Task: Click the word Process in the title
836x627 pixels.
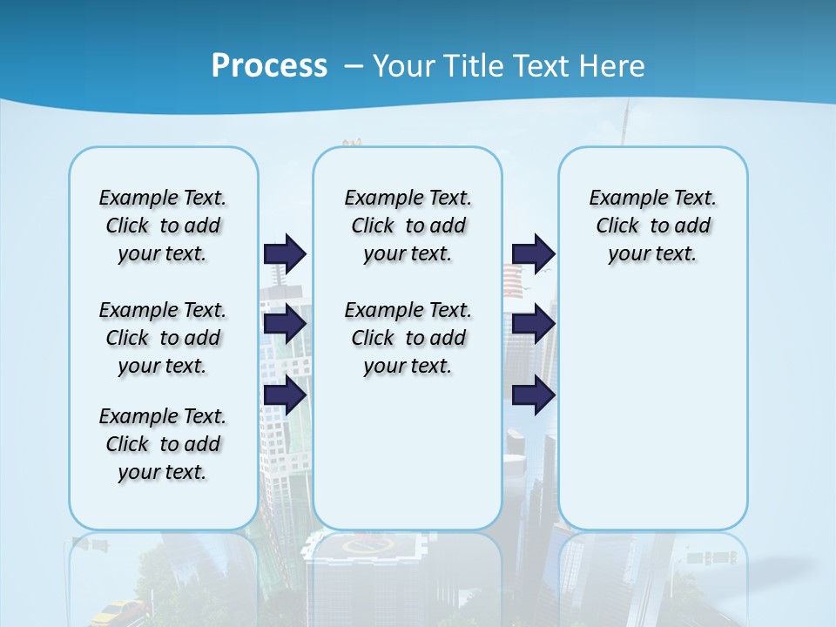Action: [269, 66]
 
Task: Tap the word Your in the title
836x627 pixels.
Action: [403, 66]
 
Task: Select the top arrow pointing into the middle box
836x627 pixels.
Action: [285, 253]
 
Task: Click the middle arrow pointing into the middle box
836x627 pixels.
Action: [285, 325]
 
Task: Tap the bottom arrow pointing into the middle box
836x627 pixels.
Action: [285, 395]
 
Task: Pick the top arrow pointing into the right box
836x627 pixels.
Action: [533, 253]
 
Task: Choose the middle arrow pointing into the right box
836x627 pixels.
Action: [533, 325]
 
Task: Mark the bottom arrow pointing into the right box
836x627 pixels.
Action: [533, 395]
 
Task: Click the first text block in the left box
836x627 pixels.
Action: [163, 226]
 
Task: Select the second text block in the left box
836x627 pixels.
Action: [163, 338]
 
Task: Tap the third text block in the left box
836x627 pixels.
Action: [163, 444]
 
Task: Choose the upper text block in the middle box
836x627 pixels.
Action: [408, 226]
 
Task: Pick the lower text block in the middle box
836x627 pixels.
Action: [408, 338]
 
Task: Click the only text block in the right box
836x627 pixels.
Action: [652, 226]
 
